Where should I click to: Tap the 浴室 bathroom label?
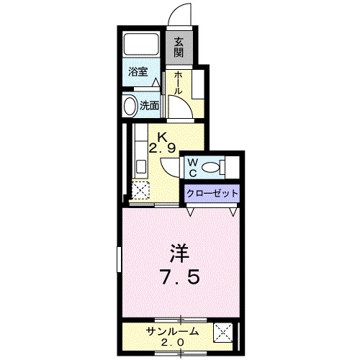(x=139, y=72)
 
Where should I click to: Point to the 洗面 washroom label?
(x=150, y=105)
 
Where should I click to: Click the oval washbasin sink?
(x=130, y=107)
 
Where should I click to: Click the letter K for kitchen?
(x=163, y=137)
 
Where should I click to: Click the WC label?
(x=192, y=167)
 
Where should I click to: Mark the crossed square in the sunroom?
(x=224, y=335)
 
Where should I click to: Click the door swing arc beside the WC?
(x=171, y=166)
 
